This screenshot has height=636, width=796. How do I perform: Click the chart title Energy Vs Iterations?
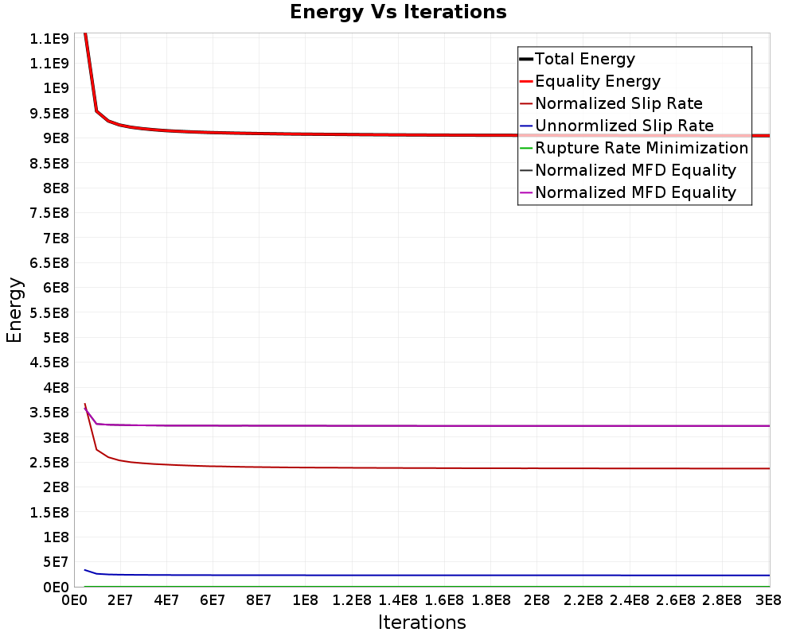[x=398, y=12]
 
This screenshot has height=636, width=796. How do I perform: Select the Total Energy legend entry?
[x=577, y=59]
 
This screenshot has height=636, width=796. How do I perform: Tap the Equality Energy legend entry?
[x=591, y=81]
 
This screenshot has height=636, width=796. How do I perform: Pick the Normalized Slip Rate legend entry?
[x=611, y=103]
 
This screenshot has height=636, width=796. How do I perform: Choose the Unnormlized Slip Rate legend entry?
[x=617, y=126]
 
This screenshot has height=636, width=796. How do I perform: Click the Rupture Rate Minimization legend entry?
[x=634, y=148]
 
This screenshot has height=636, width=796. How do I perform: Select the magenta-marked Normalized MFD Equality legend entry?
[x=628, y=192]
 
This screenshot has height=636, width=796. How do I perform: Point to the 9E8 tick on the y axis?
[x=57, y=138]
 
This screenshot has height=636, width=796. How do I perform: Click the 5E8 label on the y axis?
[x=57, y=338]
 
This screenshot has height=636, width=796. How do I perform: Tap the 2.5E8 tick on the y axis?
[x=49, y=463]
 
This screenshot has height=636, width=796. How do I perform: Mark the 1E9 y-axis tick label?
[x=57, y=88]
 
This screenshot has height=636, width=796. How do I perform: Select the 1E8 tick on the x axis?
[x=305, y=600]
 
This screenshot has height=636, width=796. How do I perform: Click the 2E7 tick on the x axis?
[x=120, y=600]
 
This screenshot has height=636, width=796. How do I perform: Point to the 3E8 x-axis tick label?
[x=768, y=600]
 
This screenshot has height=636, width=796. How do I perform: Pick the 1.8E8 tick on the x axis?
[x=491, y=600]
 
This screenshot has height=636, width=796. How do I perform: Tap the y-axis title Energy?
[x=14, y=310]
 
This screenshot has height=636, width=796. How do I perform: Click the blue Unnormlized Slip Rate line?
[x=427, y=575]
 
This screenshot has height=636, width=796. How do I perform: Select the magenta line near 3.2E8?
[x=427, y=426]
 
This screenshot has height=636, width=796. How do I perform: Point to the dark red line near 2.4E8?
[x=427, y=467]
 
